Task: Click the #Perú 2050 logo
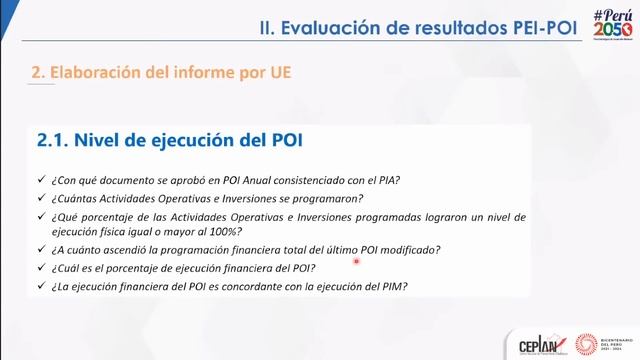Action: click(612, 26)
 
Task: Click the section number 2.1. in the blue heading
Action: click(55, 141)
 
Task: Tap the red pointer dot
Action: click(354, 262)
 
